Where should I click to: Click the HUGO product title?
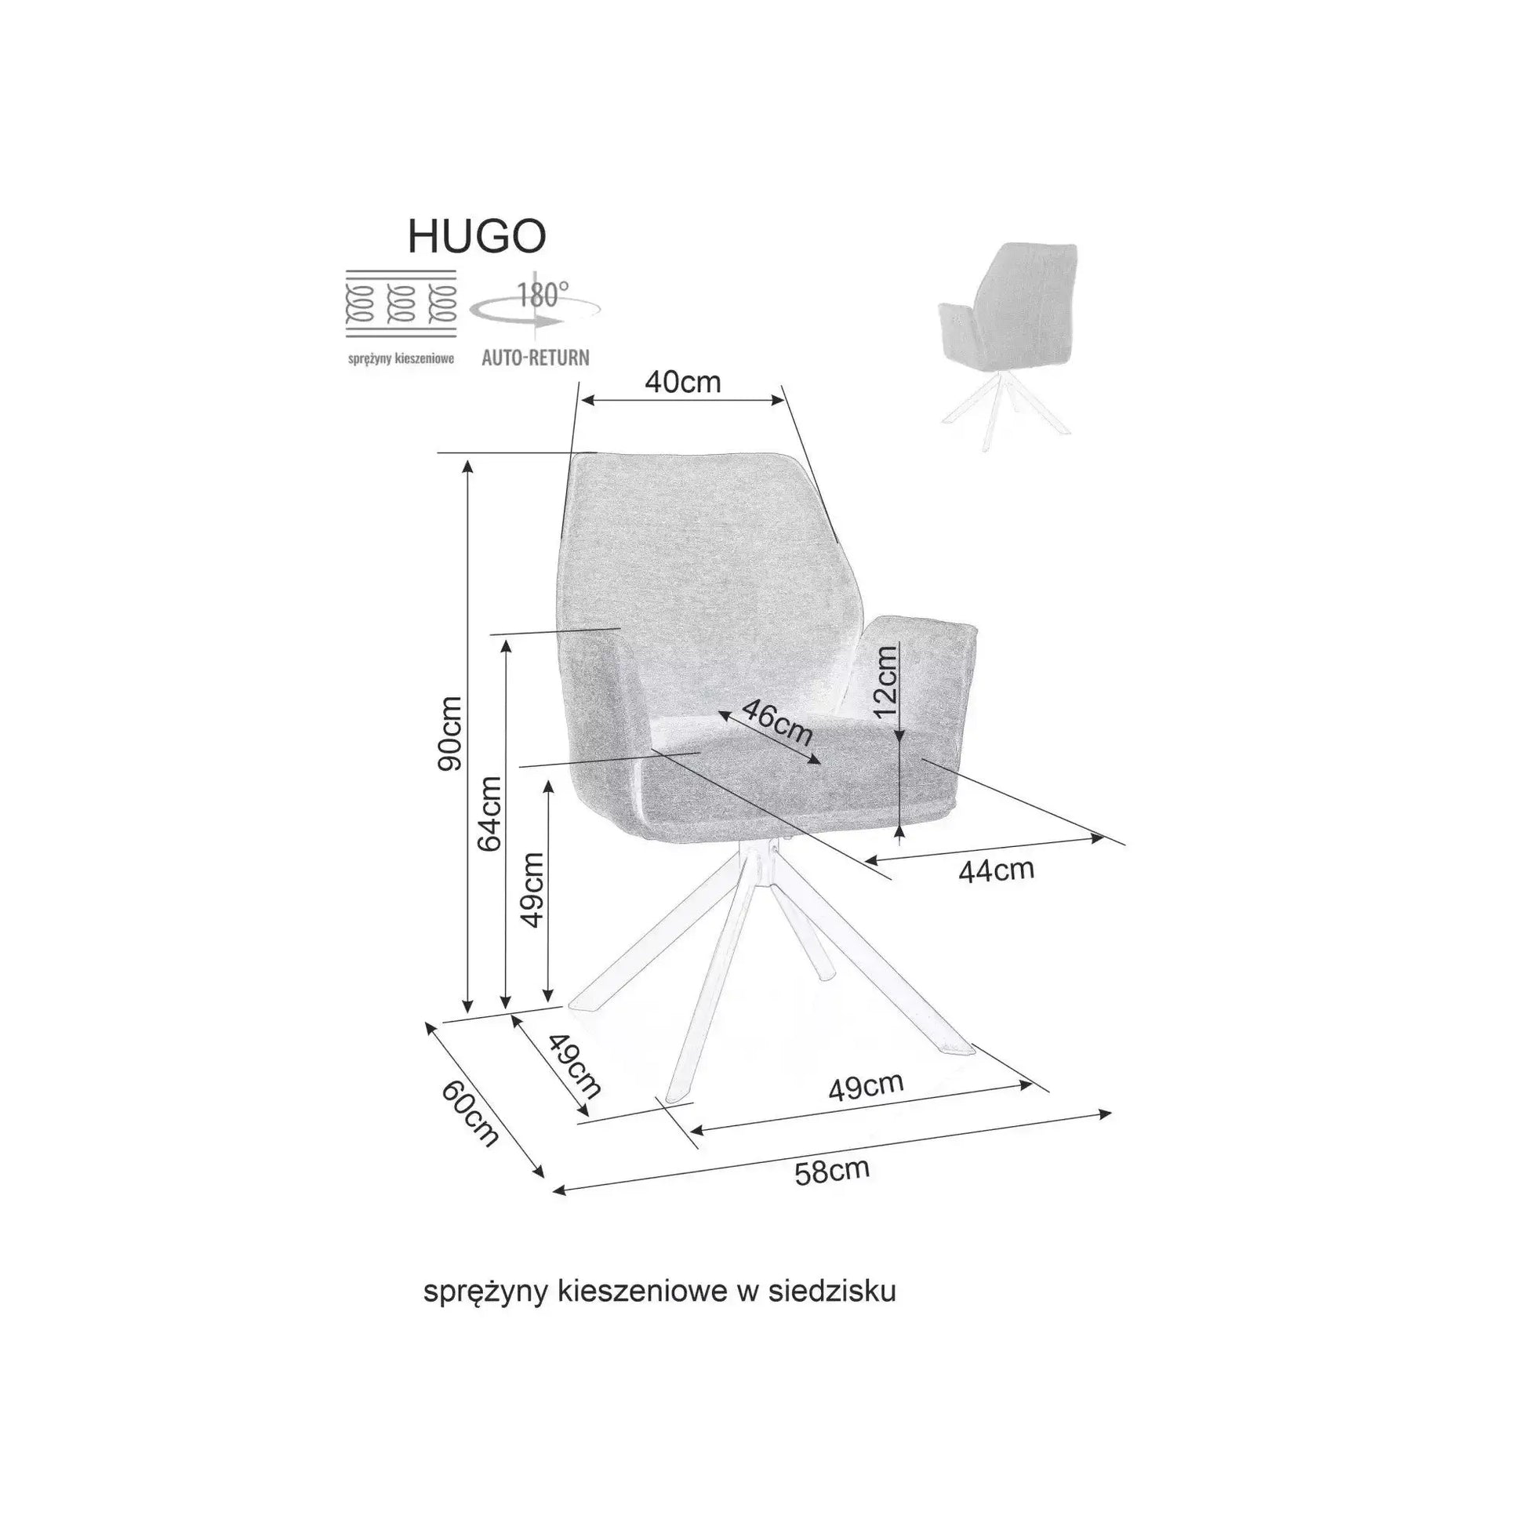pos(476,236)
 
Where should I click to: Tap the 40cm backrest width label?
pos(682,383)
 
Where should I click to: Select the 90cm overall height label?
pos(450,734)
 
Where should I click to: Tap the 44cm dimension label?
pos(996,870)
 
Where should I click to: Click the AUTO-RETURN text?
pos(536,358)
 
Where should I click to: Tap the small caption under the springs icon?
pos(401,359)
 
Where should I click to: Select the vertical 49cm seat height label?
pos(534,890)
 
